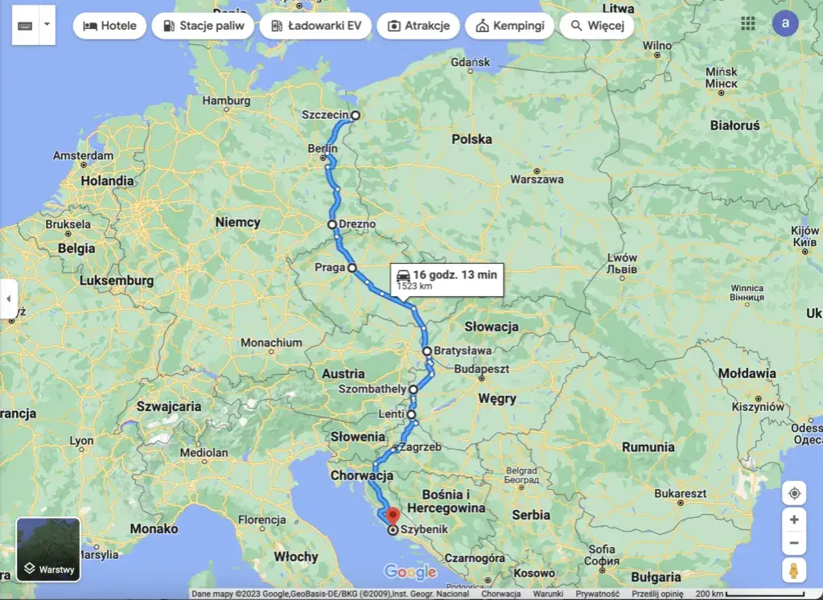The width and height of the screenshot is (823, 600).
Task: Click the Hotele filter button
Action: (109, 26)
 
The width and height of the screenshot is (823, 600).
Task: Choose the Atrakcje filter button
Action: (418, 26)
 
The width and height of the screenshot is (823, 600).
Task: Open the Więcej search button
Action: (596, 26)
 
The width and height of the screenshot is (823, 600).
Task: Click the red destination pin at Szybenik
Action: (392, 516)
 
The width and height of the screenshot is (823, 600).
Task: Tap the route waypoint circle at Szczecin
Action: (355, 115)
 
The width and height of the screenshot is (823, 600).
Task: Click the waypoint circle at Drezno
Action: (332, 224)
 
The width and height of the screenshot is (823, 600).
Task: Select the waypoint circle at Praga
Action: (352, 268)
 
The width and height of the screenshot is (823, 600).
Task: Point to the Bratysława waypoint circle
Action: (427, 351)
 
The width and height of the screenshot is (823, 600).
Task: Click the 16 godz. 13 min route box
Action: (446, 279)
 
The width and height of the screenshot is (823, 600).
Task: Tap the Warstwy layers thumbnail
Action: (48, 549)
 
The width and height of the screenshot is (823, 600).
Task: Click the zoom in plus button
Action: (793, 520)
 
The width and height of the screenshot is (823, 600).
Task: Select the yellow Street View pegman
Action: (793, 570)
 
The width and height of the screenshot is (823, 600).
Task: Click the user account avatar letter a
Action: (785, 23)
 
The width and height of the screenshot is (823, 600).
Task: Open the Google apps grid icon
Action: (748, 23)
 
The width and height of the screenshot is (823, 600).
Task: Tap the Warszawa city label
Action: (537, 179)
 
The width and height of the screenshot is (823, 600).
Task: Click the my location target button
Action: (793, 493)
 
